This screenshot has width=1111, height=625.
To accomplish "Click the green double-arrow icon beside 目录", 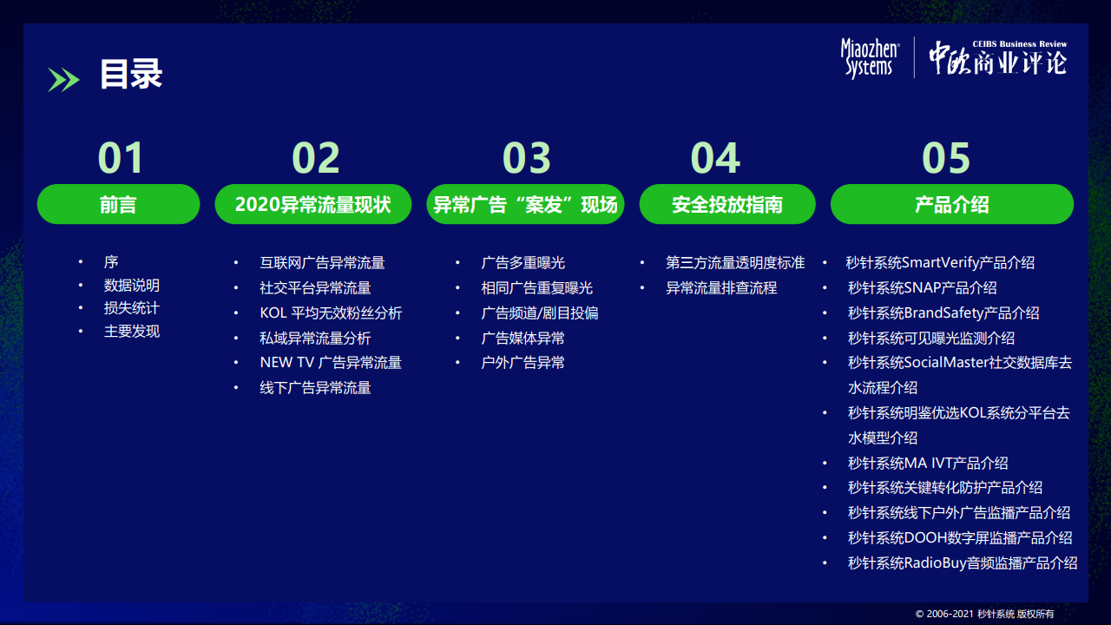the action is (63, 80).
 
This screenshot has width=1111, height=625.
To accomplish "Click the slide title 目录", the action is (131, 74).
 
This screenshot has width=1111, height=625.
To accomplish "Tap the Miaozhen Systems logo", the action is (870, 58).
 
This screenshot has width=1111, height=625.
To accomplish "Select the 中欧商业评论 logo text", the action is (998, 58).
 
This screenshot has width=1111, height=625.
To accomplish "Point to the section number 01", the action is (121, 158).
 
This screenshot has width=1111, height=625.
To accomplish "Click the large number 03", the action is (526, 158).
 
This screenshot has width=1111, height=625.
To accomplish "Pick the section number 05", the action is (946, 158).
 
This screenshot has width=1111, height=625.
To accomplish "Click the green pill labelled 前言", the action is (119, 204).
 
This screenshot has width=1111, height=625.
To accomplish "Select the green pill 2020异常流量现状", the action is (313, 204).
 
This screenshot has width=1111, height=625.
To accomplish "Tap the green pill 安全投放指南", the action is (727, 204).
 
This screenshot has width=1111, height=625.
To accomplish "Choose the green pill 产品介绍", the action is (952, 204).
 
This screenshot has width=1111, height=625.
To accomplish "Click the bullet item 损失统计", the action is (131, 308).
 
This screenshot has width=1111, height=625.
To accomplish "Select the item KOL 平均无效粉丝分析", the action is (331, 313).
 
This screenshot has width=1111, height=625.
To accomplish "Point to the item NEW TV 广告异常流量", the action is (331, 363).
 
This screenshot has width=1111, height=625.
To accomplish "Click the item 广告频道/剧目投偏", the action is (540, 313).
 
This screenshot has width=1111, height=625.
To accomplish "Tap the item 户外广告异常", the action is (523, 363).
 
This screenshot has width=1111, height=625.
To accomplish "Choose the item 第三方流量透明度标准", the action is (735, 262).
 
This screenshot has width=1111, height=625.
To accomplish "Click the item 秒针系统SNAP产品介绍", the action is (923, 287).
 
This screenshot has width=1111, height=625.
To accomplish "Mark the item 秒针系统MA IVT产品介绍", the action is (928, 463).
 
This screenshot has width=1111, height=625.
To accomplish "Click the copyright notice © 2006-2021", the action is (984, 614).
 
